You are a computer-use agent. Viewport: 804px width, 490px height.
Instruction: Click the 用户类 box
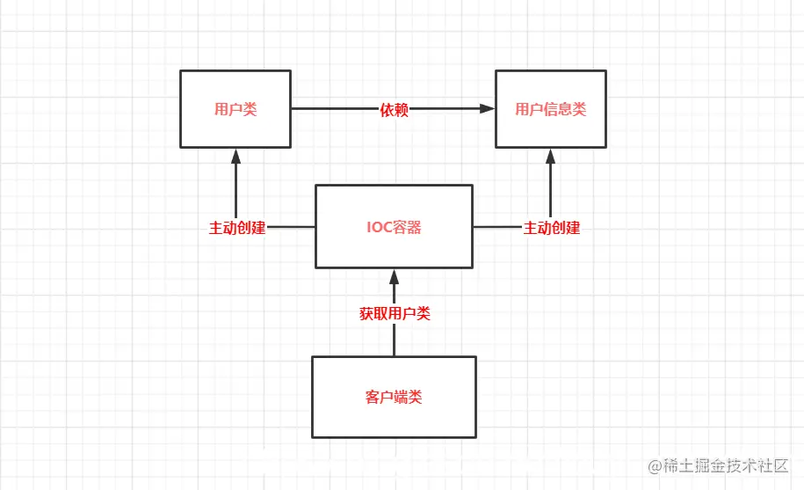pos(235,109)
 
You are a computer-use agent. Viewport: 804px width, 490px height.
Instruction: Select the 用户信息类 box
pos(550,109)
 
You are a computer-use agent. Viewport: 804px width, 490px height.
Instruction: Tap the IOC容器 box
pos(394,227)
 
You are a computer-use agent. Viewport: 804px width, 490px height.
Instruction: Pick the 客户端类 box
pos(394,397)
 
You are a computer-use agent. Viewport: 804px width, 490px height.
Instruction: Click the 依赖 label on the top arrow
pos(394,109)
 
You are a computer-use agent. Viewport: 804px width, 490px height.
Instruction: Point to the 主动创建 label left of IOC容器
pos(236,227)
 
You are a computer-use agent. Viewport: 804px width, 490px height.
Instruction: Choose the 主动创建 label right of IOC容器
pos(551,227)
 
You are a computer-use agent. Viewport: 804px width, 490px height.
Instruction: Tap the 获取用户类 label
pos(395,312)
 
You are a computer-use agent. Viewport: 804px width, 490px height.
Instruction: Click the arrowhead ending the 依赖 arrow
pos(488,109)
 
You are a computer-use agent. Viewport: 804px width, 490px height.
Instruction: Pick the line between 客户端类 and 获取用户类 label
pos(395,340)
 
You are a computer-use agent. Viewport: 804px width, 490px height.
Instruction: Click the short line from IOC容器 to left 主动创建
pos(291,227)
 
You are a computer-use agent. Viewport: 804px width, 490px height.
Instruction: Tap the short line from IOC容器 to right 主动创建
pos(497,227)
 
